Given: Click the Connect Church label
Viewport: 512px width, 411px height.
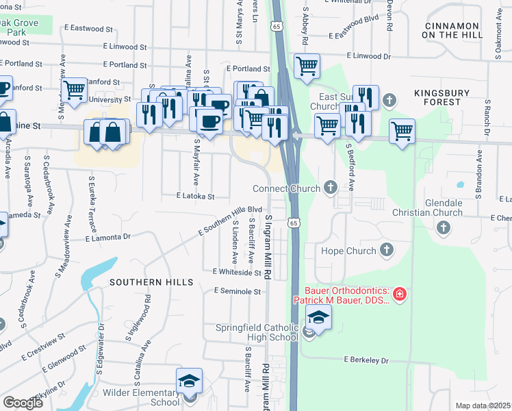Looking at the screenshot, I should [286, 188].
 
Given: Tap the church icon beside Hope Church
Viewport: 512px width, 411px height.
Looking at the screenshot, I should [387, 251].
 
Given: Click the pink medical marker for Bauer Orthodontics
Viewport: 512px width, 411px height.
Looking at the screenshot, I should [400, 296].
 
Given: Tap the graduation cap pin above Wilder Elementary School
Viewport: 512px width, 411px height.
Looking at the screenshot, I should [190, 382].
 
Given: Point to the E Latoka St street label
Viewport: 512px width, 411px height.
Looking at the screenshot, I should [195, 196].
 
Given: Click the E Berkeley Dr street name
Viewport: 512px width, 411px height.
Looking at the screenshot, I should [366, 360].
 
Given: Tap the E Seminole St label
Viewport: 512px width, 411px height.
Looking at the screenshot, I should [238, 291].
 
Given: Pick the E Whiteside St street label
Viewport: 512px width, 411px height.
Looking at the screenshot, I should [237, 272].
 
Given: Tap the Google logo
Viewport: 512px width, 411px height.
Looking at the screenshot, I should [23, 403].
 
